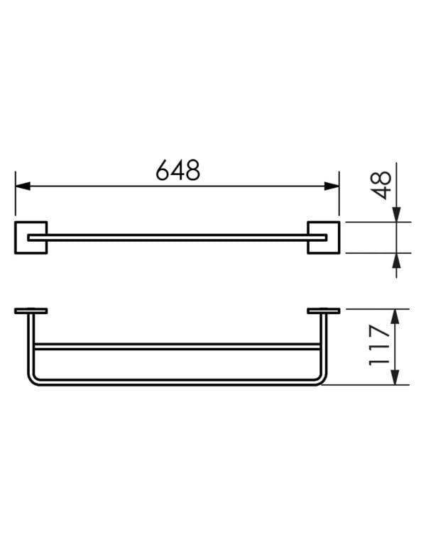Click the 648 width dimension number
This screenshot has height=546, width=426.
[177, 170]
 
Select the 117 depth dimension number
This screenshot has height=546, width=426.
[379, 345]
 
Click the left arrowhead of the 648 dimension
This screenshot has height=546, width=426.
[23, 186]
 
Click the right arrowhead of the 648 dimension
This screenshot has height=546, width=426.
[331, 186]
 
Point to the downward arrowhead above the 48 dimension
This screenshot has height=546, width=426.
[396, 214]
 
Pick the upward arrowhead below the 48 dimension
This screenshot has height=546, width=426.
[396, 260]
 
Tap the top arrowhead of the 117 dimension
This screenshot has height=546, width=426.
[395, 316]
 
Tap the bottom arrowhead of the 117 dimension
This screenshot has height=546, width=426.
[395, 377]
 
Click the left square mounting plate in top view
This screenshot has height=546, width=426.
[31, 238]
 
